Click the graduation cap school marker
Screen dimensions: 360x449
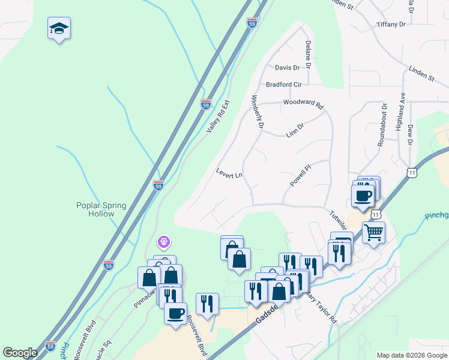click(x=59, y=28)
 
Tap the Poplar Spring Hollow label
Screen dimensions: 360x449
click(x=101, y=209)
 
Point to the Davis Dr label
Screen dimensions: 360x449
click(x=287, y=68)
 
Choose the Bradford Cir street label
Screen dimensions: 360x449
click(x=283, y=85)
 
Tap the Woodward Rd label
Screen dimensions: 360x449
click(x=303, y=103)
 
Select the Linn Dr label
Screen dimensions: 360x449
click(x=295, y=130)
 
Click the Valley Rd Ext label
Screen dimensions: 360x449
click(x=218, y=116)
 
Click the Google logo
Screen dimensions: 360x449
click(x=20, y=353)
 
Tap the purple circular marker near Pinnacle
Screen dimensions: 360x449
click(x=163, y=242)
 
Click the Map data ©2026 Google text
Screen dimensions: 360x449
click(x=411, y=355)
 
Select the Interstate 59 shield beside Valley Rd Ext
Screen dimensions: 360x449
click(x=206, y=104)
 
